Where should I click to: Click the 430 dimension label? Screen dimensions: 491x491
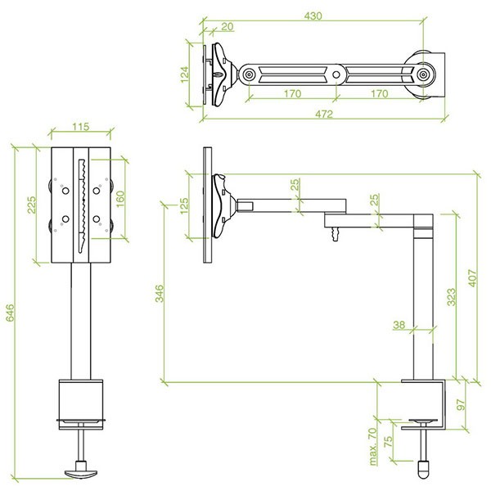coord(313,16)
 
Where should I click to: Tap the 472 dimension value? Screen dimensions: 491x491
coord(324,114)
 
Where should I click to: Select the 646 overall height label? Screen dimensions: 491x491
coord(10,313)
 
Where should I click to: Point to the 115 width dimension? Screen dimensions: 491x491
coord(81,127)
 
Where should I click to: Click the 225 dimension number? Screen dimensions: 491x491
coord(32,205)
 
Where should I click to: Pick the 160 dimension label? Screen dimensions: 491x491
coord(120,199)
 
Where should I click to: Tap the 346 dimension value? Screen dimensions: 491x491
coord(160,294)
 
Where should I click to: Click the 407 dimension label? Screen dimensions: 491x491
coord(472,278)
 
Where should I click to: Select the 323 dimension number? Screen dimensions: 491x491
coord(451,297)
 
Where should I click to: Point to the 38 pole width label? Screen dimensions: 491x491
coord(399,325)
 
